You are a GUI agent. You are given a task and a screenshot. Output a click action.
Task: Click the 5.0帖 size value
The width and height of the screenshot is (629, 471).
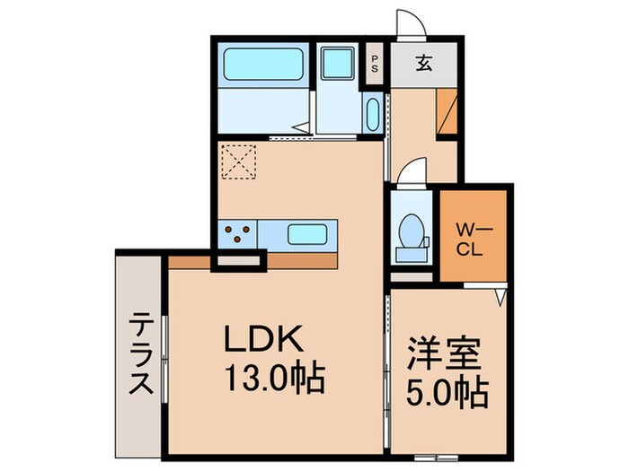[446, 390]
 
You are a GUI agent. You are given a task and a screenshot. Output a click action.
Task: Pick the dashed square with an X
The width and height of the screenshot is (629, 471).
[240, 163]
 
